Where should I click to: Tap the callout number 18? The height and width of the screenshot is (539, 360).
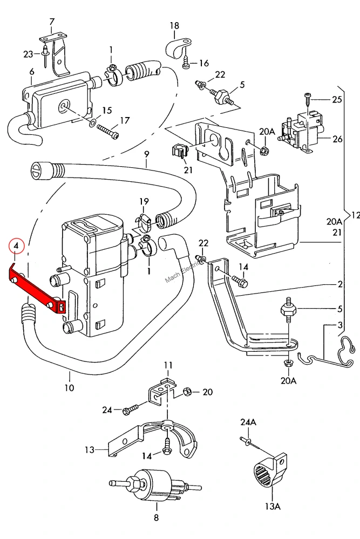[174, 25]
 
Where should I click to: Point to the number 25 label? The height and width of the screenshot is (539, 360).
[337, 99]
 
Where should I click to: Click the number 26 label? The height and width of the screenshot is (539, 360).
[337, 139]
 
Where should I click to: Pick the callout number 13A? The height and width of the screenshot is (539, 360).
[272, 506]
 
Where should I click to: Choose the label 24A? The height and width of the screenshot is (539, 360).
[248, 422]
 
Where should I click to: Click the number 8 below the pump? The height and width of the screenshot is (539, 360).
[156, 517]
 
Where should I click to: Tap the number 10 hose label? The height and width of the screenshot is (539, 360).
[69, 388]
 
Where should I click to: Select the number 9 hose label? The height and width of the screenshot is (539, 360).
[147, 154]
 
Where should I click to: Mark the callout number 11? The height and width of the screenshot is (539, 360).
[168, 365]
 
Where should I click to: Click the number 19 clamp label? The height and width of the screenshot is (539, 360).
[144, 201]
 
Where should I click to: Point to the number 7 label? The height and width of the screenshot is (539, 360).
[52, 22]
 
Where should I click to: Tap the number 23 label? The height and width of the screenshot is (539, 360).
[28, 54]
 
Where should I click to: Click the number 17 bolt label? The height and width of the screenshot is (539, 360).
[125, 120]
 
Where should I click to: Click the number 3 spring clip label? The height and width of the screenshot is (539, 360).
[340, 325]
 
